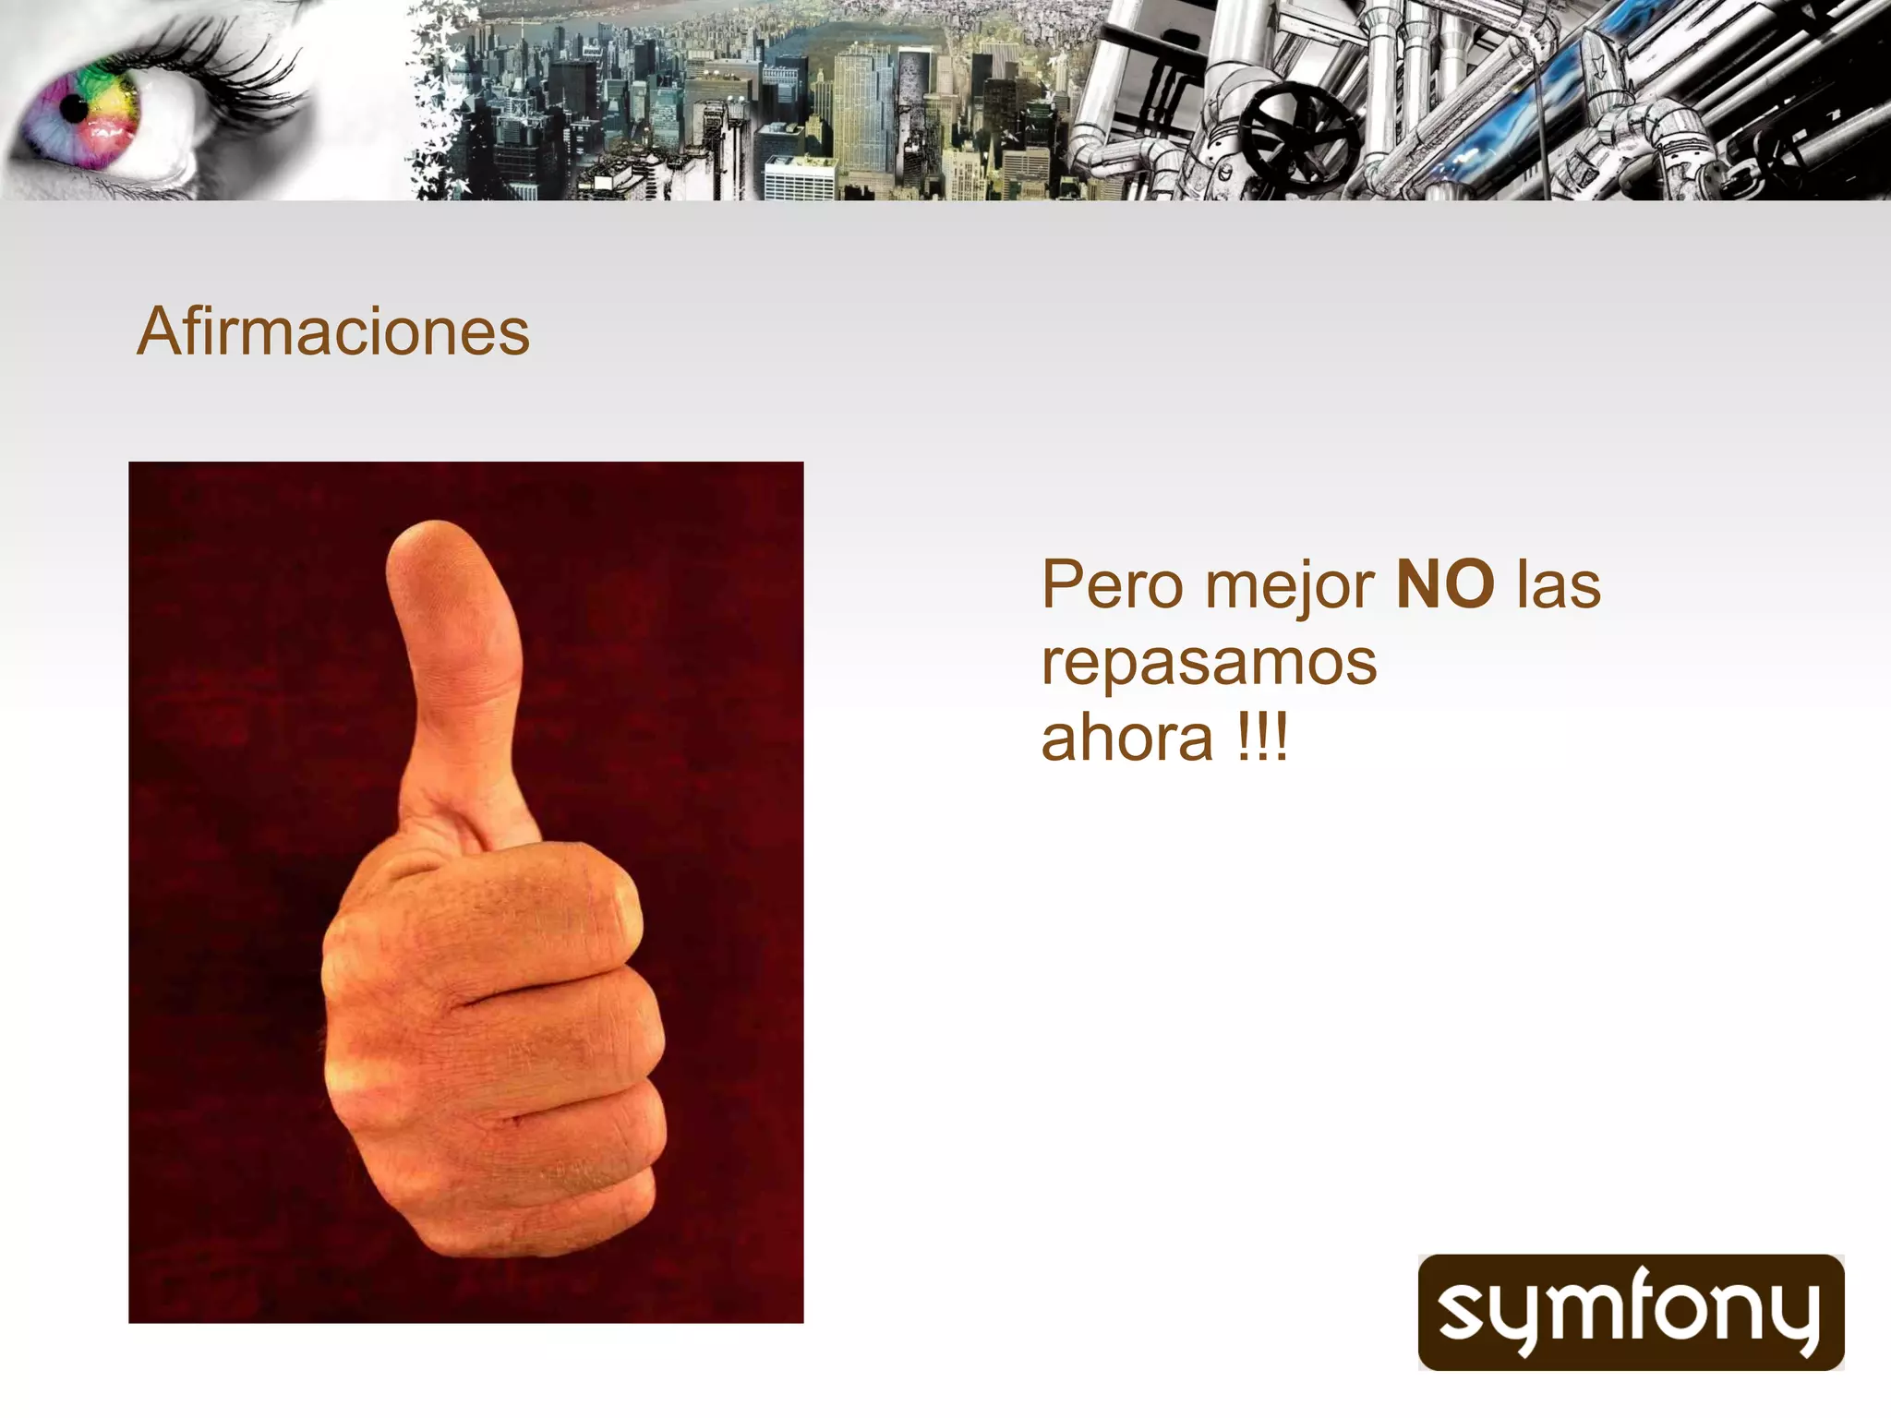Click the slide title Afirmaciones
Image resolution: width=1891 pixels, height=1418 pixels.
click(x=333, y=331)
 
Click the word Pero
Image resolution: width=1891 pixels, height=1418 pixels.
click(x=1112, y=585)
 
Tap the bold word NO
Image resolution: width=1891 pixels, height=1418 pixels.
click(x=1445, y=584)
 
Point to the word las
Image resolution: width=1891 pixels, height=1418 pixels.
click(x=1559, y=585)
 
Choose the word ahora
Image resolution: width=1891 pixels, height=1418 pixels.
click(x=1126, y=739)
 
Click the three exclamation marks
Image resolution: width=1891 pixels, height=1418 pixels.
click(x=1262, y=739)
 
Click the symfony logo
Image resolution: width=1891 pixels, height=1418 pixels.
click(x=1631, y=1312)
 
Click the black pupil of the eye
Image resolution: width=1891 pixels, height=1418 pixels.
click(x=74, y=109)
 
